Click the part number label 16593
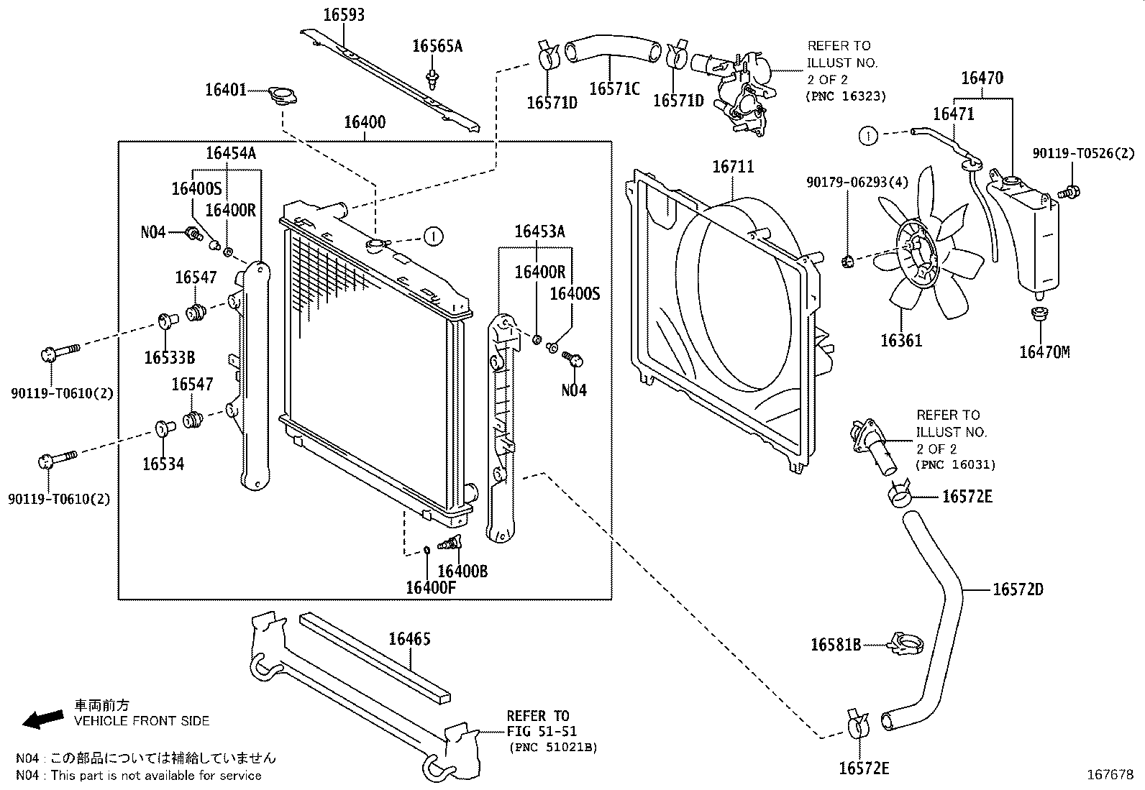(x=344, y=14)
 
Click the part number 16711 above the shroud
(x=733, y=167)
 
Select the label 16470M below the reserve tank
(x=1044, y=352)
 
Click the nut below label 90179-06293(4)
(x=847, y=259)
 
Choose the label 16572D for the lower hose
(x=1017, y=589)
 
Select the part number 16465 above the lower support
(x=409, y=638)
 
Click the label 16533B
(x=169, y=357)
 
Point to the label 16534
(x=163, y=464)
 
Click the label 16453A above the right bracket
(x=539, y=231)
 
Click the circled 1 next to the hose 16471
(x=868, y=134)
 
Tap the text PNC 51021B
(x=553, y=747)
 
